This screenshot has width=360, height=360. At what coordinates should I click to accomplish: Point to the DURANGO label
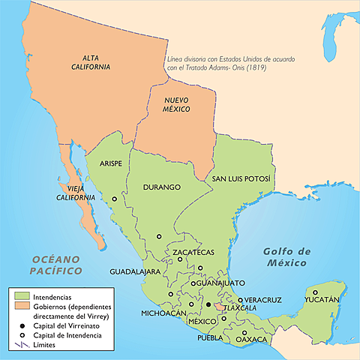(163, 187)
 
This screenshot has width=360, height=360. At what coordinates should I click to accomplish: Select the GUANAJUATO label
(221, 283)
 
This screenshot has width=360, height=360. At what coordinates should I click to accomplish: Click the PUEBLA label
(211, 337)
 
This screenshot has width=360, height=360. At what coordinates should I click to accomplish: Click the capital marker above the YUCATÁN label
(315, 292)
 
